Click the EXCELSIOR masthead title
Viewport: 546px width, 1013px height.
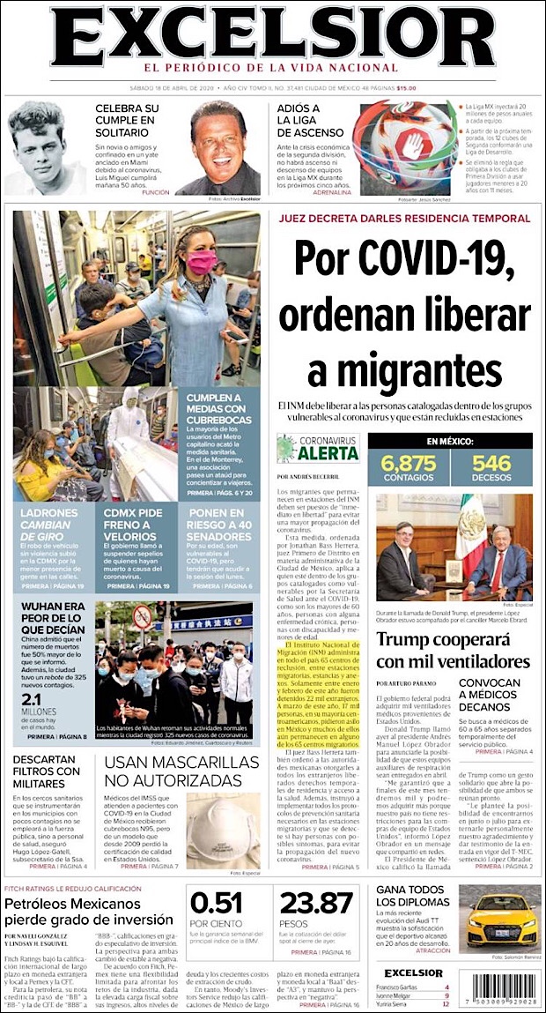(272, 36)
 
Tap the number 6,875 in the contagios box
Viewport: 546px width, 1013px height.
(408, 463)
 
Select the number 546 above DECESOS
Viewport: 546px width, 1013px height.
(491, 463)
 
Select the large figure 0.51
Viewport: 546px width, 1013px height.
(217, 904)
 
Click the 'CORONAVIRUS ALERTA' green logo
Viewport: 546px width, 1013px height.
(318, 448)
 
